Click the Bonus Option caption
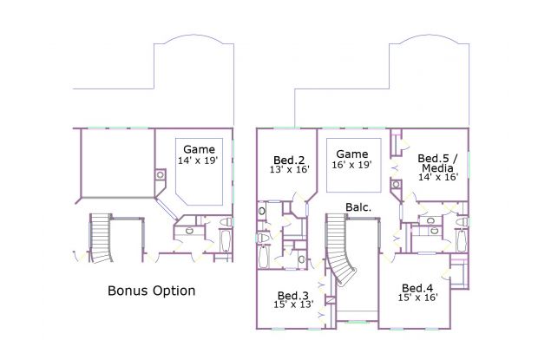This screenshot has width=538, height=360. click(151, 291)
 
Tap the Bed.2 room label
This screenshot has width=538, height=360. click(289, 160)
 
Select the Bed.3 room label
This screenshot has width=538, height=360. click(293, 296)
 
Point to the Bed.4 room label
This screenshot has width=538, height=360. click(417, 288)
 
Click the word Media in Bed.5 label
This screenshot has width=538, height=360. click(437, 168)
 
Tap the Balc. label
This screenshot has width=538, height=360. click(358, 207)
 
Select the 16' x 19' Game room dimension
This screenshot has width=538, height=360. click(351, 165)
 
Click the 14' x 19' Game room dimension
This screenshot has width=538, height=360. click(198, 160)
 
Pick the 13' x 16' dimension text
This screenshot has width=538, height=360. click(290, 169)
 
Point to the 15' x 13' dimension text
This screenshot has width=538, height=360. click(293, 304)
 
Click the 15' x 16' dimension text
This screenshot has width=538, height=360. click(417, 298)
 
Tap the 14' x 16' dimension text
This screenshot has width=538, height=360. click(438, 177)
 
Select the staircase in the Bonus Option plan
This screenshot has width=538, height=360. click(100, 239)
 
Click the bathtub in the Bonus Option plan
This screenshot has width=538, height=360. click(225, 241)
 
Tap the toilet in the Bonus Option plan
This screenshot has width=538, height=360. click(226, 222)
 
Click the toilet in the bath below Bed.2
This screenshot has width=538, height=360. click(262, 238)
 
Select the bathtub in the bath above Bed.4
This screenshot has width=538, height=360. click(461, 241)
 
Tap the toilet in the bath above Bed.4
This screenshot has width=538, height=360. click(462, 222)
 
